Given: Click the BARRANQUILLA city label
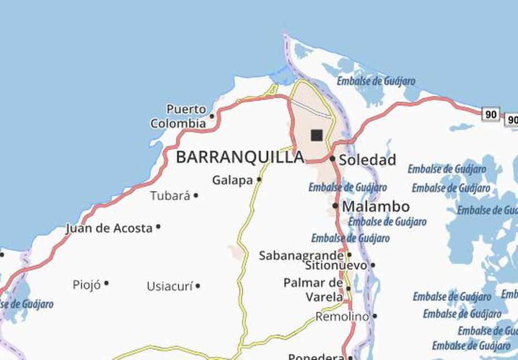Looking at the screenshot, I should tap(240, 157).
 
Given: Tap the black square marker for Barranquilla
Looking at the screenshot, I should tap(317, 135).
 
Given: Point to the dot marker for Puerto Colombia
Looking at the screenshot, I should tap(212, 116).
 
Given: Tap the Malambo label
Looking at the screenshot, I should tap(376, 207).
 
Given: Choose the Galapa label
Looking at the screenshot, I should tap(232, 181).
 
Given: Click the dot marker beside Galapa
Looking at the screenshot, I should tap(259, 179).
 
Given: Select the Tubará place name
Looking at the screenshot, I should tap(170, 196).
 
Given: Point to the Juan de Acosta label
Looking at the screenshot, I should tap(109, 228).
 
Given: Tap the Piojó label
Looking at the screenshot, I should tap(87, 285).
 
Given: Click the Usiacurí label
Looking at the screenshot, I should tap(169, 286).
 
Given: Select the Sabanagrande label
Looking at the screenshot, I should tap(301, 256).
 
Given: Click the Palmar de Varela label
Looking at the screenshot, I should tap(312, 290).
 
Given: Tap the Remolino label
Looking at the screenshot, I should tap(342, 317).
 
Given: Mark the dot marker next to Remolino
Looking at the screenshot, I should tap(374, 316).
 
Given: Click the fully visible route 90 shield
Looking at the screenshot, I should tap(491, 114).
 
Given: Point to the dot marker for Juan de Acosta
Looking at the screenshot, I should tap(158, 227).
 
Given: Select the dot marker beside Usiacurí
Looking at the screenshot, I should tap(198, 286).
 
